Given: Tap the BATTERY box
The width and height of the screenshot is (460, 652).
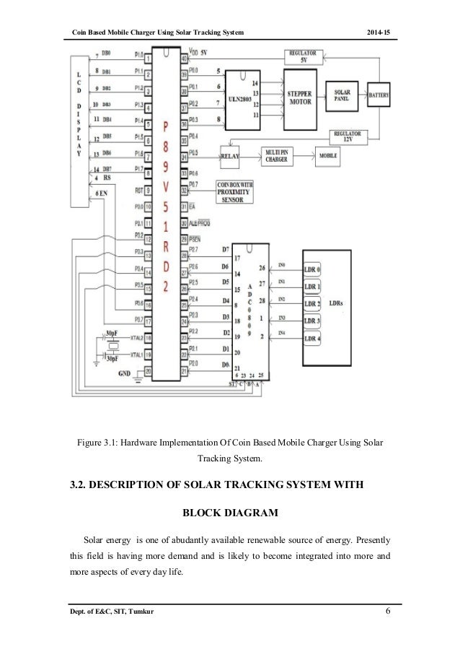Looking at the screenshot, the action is pos(381,95).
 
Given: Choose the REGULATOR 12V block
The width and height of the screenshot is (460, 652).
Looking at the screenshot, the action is pos(348,136).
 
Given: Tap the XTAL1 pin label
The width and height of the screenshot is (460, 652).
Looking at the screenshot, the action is pos(136,355).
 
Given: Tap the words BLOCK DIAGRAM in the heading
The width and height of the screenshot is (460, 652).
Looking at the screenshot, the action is pos(229,515).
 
